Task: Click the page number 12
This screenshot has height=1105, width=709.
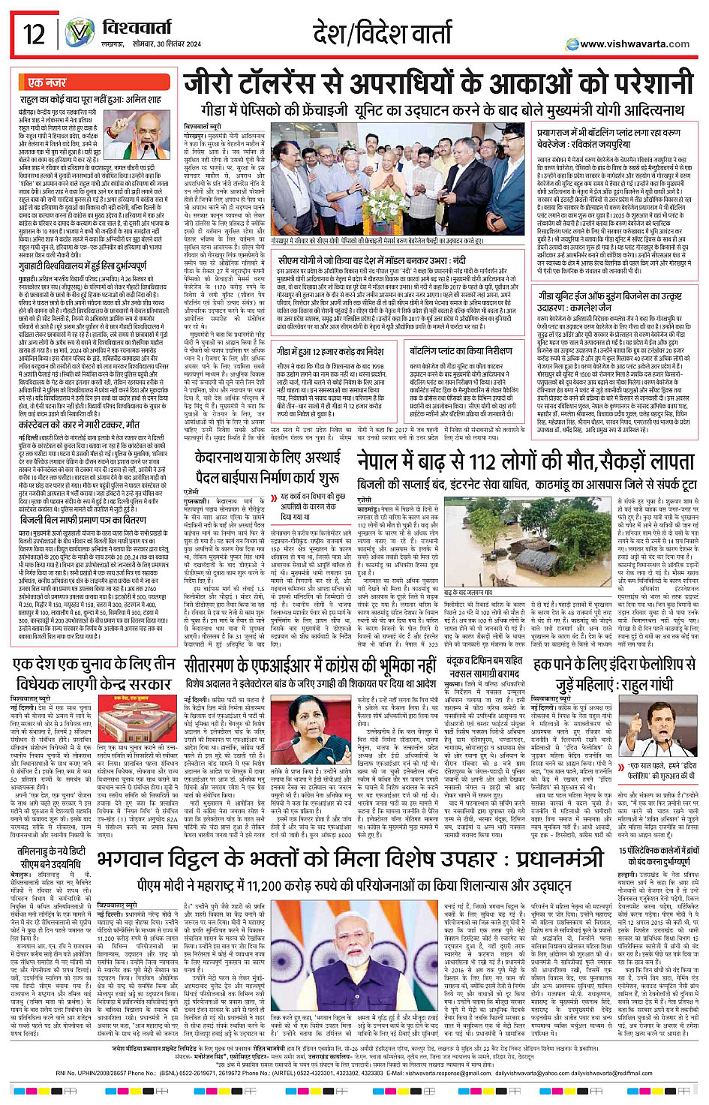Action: (x=34, y=34)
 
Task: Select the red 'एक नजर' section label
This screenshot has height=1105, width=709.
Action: (x=47, y=83)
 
